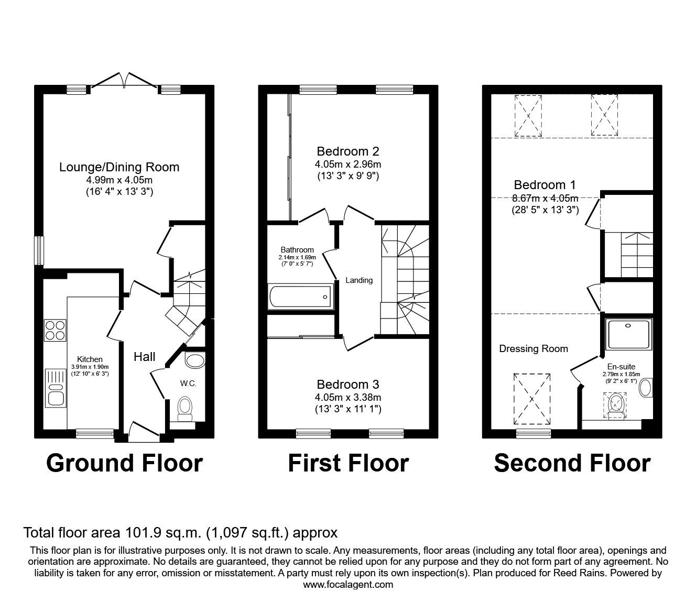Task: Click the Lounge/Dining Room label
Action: click(x=119, y=167)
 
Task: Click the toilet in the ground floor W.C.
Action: click(x=185, y=408)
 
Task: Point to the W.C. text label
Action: click(x=188, y=383)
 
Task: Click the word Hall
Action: click(x=144, y=357)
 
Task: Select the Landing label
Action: click(x=359, y=280)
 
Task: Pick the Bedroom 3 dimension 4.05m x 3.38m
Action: click(x=348, y=397)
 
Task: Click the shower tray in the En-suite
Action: click(x=629, y=334)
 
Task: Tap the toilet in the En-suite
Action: click(x=616, y=406)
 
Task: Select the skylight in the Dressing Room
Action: click(x=532, y=399)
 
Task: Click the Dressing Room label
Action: click(x=534, y=349)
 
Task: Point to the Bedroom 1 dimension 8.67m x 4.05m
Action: click(x=545, y=198)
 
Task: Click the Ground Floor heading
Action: click(x=124, y=463)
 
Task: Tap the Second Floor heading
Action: click(x=572, y=463)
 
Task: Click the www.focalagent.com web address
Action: click(x=348, y=585)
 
